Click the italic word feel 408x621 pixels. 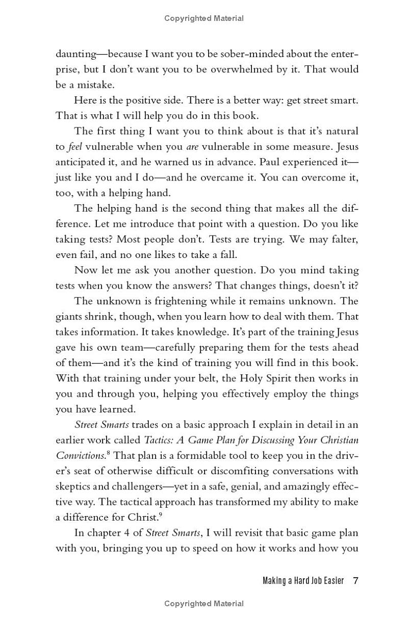tap(74, 147)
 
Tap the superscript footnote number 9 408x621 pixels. tap(160, 514)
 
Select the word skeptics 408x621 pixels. tap(72, 486)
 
